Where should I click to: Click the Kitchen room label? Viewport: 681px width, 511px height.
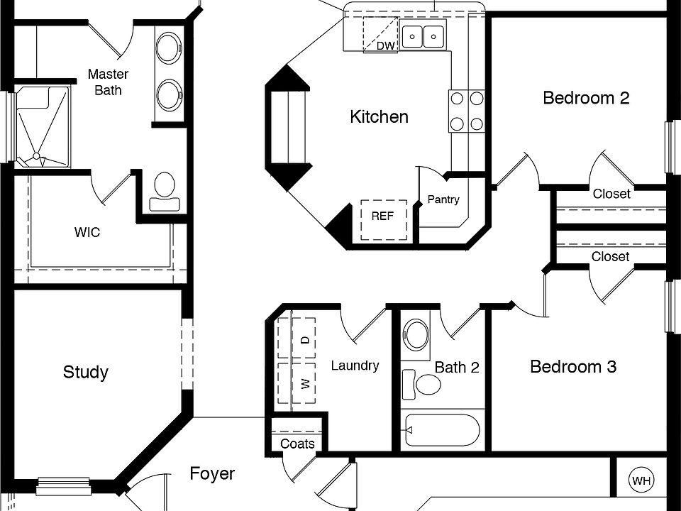coord(379,117)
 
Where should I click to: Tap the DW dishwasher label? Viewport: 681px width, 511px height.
coord(385,46)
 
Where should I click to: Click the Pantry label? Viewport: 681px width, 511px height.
coord(443,200)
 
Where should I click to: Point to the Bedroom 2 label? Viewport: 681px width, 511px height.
coord(586,98)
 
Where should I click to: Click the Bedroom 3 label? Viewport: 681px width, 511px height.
coord(573,367)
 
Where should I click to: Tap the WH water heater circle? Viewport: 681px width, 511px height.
coord(641,481)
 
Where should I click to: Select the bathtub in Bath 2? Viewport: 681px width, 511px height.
coord(440,430)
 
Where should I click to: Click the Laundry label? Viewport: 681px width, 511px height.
coord(355,366)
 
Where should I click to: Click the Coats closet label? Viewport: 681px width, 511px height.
coord(297,444)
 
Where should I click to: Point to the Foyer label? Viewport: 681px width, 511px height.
coord(212,473)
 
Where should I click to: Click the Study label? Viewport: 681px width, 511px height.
coord(86,372)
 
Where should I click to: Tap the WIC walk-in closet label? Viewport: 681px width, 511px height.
coord(87,233)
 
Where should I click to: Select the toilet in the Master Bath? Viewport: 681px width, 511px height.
coord(165,190)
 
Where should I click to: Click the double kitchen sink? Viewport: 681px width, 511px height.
coord(423,34)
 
